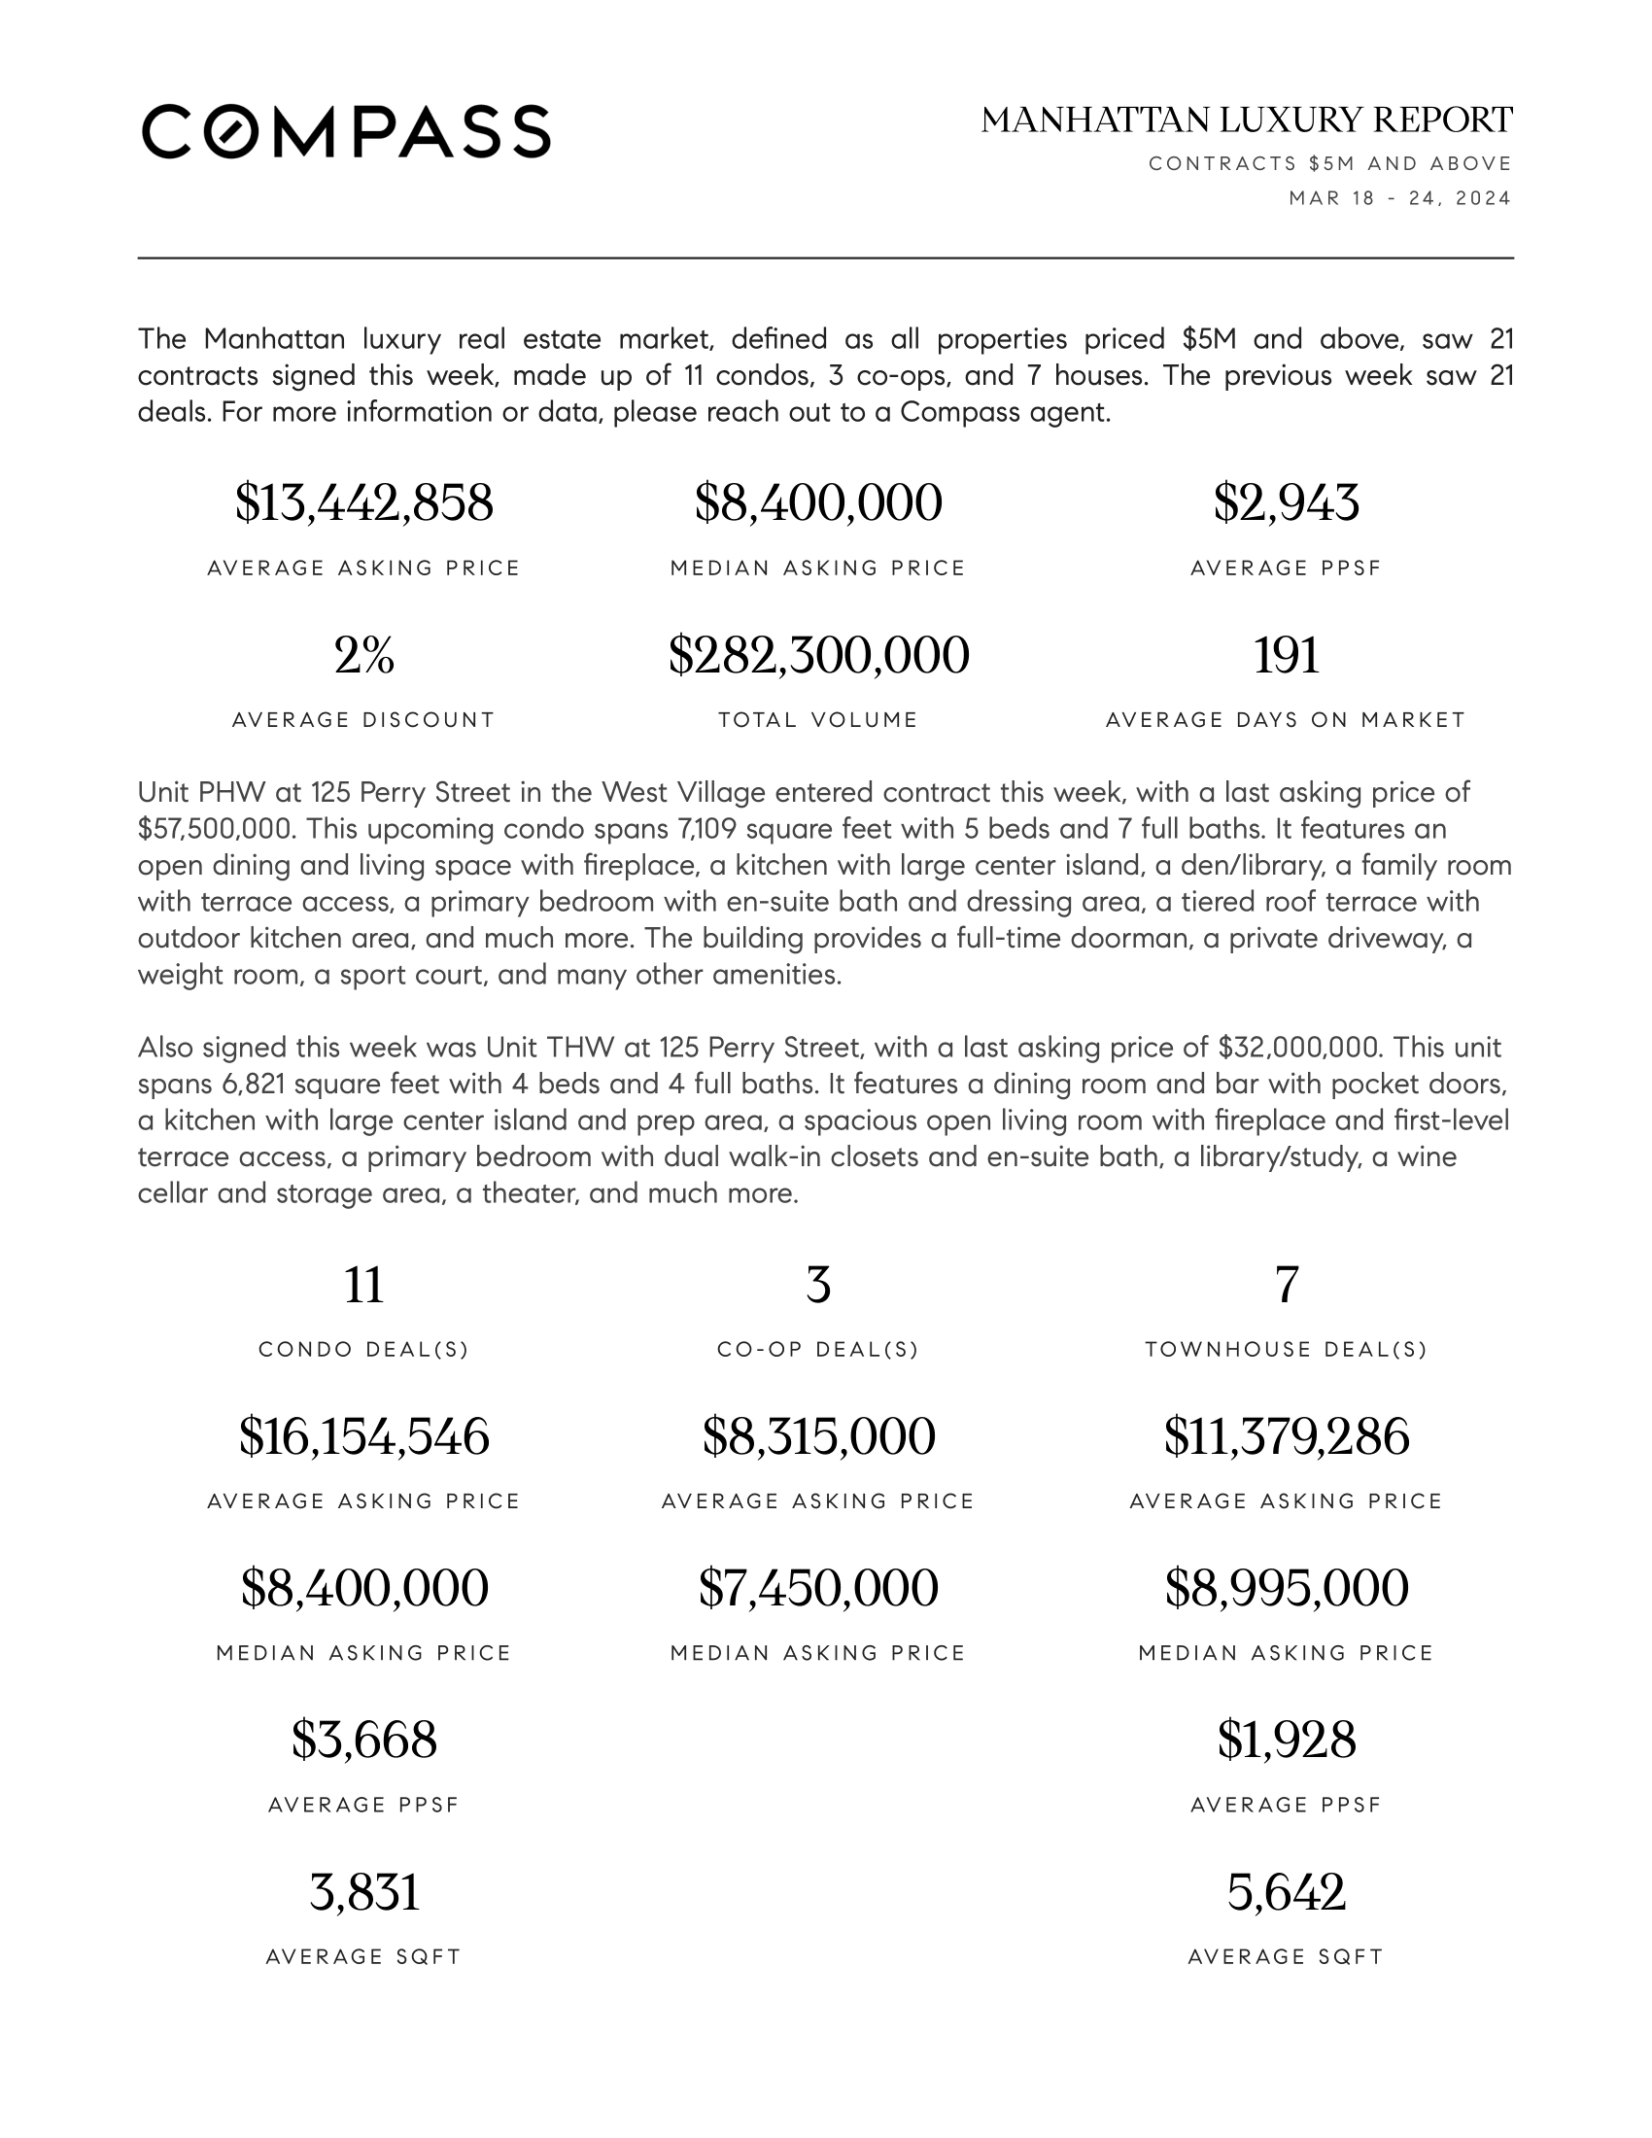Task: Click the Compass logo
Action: tap(346, 131)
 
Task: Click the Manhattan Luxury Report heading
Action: tap(1246, 121)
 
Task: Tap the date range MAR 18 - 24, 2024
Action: tap(1398, 198)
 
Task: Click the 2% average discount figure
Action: tap(363, 655)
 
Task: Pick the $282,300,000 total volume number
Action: tap(818, 655)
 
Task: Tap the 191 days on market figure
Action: tap(1285, 655)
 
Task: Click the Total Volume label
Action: tap(818, 720)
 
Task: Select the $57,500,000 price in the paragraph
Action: tap(216, 829)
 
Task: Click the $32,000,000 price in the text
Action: tap(1298, 1048)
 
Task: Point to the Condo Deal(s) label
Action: tap(363, 1349)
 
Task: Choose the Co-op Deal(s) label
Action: tap(818, 1349)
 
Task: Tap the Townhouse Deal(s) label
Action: tap(1285, 1349)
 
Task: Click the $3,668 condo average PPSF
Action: tap(363, 1740)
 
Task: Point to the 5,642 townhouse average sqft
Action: tap(1285, 1891)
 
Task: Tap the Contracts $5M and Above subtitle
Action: tap(1330, 163)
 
